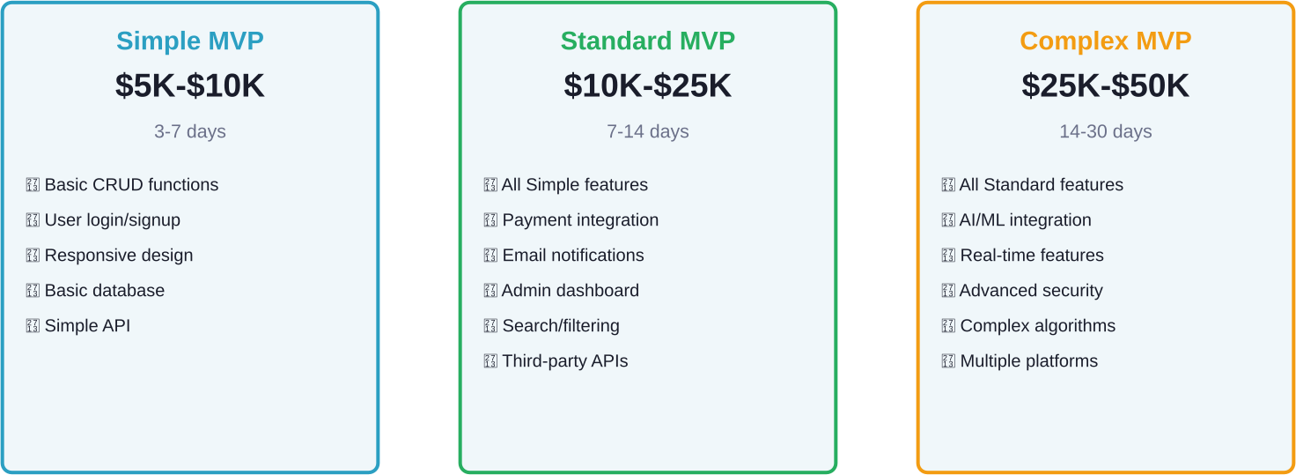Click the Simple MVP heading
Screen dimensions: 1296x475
coord(190,41)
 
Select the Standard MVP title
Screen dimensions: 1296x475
coord(647,41)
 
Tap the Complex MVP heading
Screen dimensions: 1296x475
coord(1105,41)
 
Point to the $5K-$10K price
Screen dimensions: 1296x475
coord(190,85)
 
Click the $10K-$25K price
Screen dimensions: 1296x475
coord(647,85)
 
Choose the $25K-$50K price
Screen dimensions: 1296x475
coord(1105,85)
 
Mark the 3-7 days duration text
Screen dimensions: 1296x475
coord(190,131)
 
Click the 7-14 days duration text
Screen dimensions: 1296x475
coord(647,131)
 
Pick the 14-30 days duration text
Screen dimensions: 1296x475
coord(1105,131)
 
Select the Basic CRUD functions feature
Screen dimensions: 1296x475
coord(131,185)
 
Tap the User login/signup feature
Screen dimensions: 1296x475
coord(112,220)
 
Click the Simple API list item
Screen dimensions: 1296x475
coord(87,325)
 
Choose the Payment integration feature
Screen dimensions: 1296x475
coord(580,220)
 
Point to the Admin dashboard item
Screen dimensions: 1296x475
coord(571,290)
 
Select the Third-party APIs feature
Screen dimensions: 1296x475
coord(565,361)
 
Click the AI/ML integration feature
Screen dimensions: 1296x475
coord(1025,220)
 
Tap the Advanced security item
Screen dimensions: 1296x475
coord(1031,290)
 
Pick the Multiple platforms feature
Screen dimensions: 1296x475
coord(1028,361)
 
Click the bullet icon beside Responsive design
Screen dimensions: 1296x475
coord(33,256)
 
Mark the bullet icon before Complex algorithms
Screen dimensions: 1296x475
coord(948,325)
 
